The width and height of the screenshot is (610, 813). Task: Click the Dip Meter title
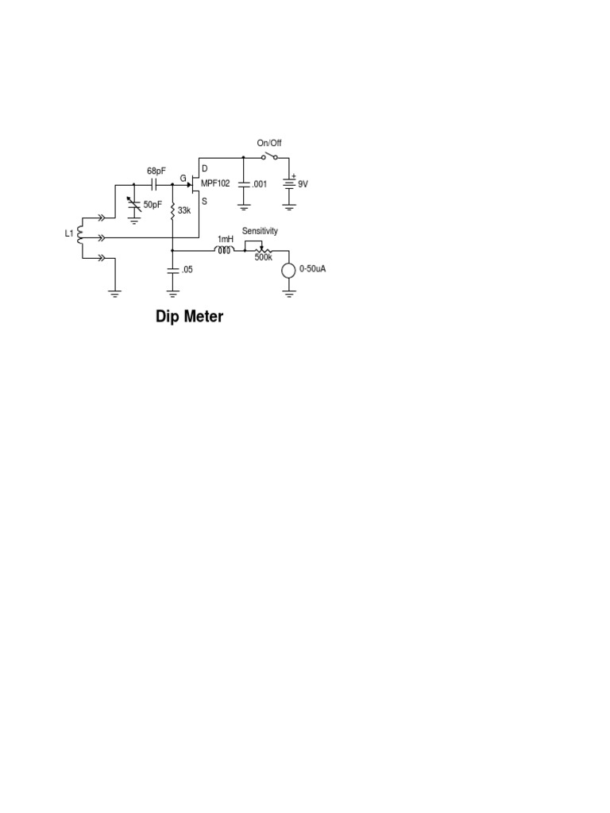coord(190,317)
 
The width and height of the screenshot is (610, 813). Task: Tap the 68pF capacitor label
coord(156,171)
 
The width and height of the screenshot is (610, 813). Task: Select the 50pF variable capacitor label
coord(152,205)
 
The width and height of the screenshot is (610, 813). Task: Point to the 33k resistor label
coord(183,211)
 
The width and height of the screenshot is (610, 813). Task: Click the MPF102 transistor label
coord(215,183)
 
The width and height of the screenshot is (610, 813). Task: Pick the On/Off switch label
coord(268,143)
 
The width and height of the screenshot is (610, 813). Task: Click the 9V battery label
coord(303,183)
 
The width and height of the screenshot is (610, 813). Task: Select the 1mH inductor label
coord(226,238)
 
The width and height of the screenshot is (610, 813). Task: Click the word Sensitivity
coord(261,230)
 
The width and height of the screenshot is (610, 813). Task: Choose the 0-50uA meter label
coord(313,269)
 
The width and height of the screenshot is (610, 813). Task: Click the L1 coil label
coord(69,234)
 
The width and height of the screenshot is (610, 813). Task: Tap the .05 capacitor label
coord(187,269)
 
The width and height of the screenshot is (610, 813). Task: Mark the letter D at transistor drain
coord(204,168)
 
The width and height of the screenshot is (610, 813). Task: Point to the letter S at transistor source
coord(204,201)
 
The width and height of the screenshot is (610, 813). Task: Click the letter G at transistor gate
coord(183,179)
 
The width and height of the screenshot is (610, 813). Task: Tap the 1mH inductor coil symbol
coord(225,250)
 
